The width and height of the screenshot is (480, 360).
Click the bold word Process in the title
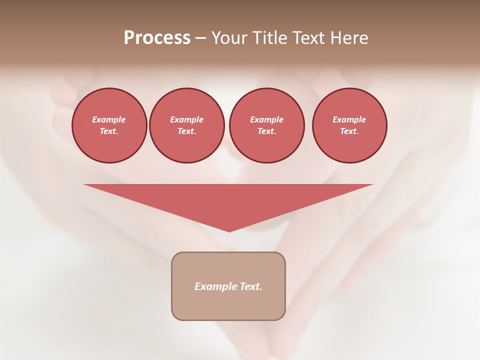[x=157, y=38]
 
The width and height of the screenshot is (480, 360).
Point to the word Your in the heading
[x=229, y=38]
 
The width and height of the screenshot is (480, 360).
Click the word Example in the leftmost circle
[x=109, y=119]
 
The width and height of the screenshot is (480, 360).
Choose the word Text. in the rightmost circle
[x=349, y=131]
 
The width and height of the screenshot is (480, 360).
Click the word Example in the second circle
[x=186, y=119]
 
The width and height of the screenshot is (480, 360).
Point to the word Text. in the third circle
[x=266, y=131]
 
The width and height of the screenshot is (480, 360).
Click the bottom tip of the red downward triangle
[x=229, y=230]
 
